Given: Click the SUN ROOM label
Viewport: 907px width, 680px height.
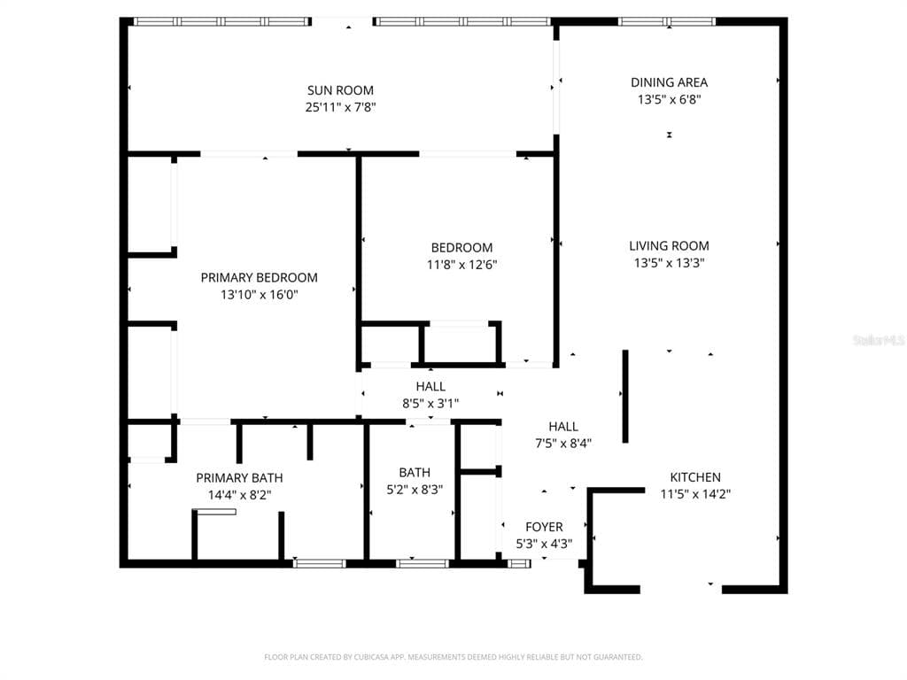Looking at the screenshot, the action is coord(340,90).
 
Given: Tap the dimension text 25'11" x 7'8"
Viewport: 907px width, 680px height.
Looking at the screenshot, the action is coord(341,107).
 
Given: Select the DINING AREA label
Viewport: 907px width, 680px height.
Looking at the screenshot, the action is coord(670,82).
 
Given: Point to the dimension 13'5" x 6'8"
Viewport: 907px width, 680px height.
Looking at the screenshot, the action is coord(670,99).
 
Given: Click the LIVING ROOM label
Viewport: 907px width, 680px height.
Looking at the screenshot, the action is coord(670,246).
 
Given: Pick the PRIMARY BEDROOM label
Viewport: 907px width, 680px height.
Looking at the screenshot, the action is coord(260,277).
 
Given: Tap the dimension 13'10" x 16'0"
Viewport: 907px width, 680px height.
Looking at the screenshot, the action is coord(260,294).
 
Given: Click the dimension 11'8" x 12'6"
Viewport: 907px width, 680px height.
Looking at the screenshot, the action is coord(462,265).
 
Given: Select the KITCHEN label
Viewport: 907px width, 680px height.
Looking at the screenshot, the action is coord(695,477).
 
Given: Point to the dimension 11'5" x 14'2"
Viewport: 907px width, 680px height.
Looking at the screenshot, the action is coord(695,494).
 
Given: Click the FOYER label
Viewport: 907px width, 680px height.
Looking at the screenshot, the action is coord(545,527).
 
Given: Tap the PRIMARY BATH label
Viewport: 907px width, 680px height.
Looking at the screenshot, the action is coord(239,478).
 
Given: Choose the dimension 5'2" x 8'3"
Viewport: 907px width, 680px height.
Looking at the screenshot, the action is coord(415,490).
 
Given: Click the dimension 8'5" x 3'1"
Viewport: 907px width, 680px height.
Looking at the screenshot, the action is coord(431,404).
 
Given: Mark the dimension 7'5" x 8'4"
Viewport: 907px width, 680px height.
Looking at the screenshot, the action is coord(563,444).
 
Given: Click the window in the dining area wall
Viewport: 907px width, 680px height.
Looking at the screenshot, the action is coord(667,22).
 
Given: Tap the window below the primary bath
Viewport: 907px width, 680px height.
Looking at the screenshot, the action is coord(319,563).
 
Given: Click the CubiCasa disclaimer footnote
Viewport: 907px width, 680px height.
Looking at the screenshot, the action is coord(453,657).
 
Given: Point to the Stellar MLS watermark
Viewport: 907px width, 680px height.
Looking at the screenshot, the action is coord(880,340).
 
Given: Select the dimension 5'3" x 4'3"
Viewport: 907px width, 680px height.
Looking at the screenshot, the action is coord(545,544).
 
